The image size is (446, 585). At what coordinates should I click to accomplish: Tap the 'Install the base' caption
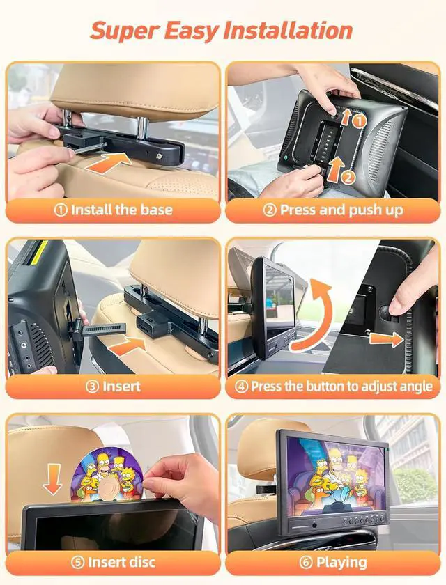pyautogui.click(x=114, y=209)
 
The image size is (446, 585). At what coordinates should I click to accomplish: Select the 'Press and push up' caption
pyautogui.click(x=333, y=209)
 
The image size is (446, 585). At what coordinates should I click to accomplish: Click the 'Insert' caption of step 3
pyautogui.click(x=113, y=386)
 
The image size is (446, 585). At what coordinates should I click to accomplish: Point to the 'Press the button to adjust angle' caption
pyautogui.click(x=334, y=386)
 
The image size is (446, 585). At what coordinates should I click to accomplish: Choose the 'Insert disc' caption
pyautogui.click(x=114, y=562)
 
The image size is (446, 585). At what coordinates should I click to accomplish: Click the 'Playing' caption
pyautogui.click(x=333, y=562)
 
